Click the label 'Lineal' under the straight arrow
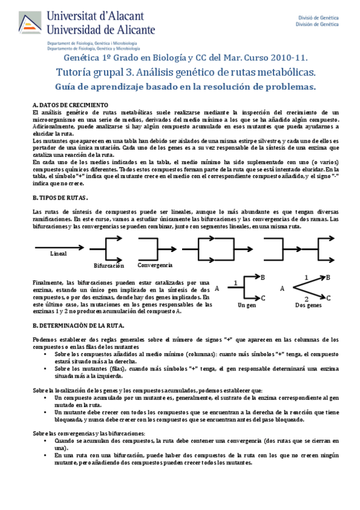[x=59, y=253]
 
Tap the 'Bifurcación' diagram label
[x=109, y=265]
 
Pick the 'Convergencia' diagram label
[x=154, y=265]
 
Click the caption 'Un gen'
[x=247, y=306]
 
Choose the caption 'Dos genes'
[x=309, y=306]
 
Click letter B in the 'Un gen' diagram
[x=263, y=277]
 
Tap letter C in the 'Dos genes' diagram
[x=329, y=297]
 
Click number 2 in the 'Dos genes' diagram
[x=306, y=299]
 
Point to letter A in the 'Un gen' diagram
[x=217, y=289]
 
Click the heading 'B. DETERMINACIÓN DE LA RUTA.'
[x=79, y=325]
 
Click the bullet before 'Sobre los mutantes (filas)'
[x=47, y=367]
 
